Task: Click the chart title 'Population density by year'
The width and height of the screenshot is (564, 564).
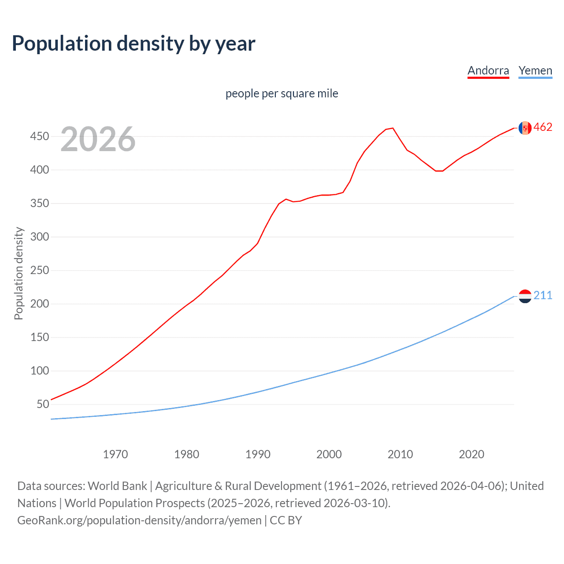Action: [x=134, y=44]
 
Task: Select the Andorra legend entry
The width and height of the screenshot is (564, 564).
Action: [x=488, y=70]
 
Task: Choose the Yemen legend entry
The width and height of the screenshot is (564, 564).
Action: [x=535, y=70]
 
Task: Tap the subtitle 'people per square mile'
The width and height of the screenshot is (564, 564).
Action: [x=282, y=93]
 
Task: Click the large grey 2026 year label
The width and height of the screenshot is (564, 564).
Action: [x=98, y=139]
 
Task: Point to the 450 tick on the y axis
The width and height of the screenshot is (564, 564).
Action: [x=39, y=137]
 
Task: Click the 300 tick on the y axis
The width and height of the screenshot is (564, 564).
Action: [x=39, y=237]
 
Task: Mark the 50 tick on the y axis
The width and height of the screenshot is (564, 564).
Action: [x=42, y=404]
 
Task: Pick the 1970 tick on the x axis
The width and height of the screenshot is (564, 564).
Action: [x=115, y=454]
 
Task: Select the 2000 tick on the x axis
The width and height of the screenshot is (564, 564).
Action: [x=329, y=454]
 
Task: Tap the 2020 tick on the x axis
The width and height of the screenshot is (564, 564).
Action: [x=471, y=454]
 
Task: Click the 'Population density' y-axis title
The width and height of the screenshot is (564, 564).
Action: [x=19, y=273]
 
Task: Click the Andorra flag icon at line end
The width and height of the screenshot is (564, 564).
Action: [x=525, y=128]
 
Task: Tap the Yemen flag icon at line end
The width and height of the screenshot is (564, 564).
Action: [x=525, y=296]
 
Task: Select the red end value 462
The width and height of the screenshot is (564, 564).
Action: [x=543, y=127]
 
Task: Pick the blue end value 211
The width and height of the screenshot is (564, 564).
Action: [x=543, y=296]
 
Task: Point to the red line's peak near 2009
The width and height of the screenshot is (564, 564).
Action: [x=393, y=128]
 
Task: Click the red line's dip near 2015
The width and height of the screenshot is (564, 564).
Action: [x=439, y=171]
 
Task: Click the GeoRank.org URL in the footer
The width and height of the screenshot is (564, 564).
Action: [x=139, y=520]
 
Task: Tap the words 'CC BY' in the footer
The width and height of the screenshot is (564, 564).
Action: [x=286, y=520]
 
